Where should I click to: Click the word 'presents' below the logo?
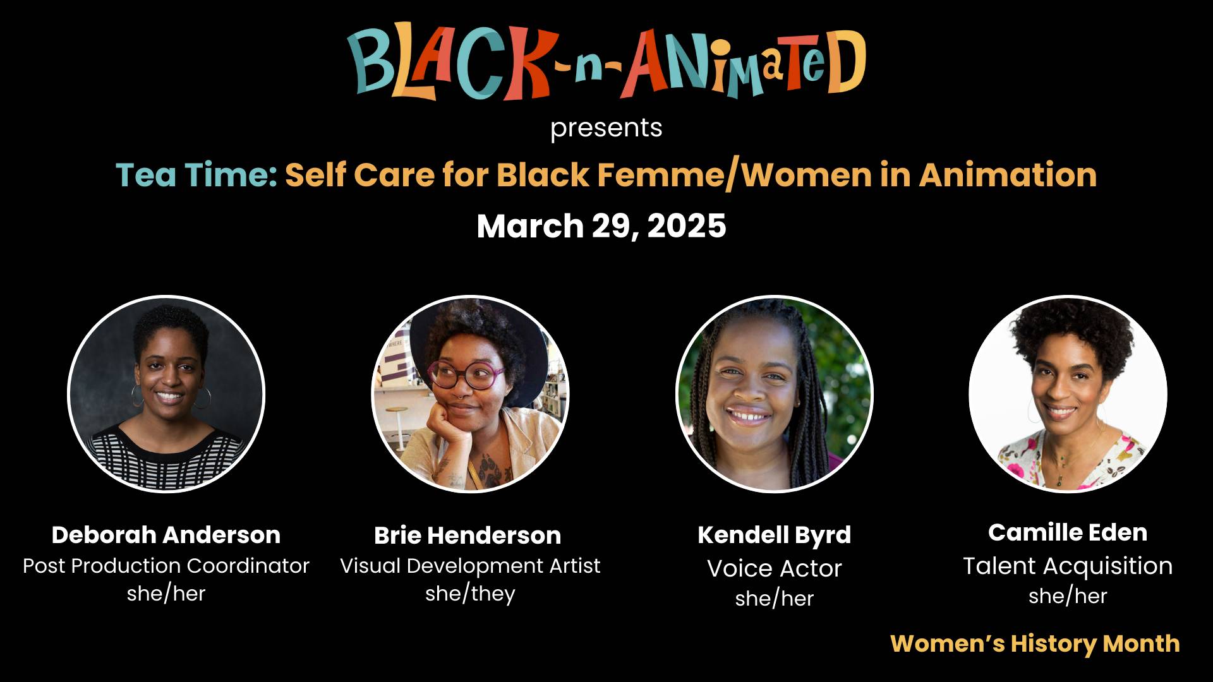point(606,129)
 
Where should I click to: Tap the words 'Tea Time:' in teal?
point(196,175)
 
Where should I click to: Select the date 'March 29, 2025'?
point(601,226)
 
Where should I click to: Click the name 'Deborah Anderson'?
point(166,535)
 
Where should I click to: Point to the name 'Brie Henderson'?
point(468,535)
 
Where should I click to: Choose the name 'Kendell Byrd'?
point(775,535)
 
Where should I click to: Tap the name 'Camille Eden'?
point(1068,532)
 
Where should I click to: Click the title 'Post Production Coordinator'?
point(166,566)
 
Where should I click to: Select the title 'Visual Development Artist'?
point(470,566)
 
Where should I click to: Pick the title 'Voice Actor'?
point(775,568)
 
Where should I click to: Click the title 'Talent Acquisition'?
point(1068,566)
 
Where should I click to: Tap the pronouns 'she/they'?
point(470,594)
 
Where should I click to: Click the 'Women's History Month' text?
point(1035,643)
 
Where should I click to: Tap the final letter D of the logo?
point(845,61)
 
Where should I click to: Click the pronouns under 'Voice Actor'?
point(775,598)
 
